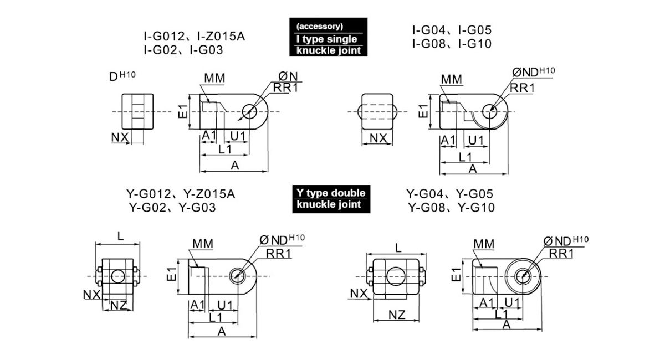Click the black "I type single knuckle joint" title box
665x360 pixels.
[328, 37]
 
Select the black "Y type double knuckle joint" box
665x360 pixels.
[331, 199]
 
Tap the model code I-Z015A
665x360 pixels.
[221, 36]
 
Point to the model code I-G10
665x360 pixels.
[475, 44]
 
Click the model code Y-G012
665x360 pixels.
[149, 194]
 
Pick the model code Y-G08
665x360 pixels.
[427, 208]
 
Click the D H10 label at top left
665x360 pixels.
[122, 76]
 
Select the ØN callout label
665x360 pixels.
[288, 76]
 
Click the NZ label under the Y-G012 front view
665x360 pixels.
[119, 305]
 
